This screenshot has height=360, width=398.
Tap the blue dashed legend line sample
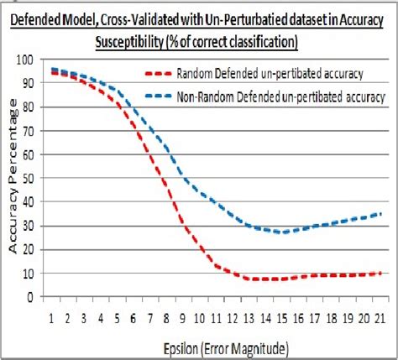coord(158,97)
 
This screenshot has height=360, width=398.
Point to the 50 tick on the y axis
coord(33,179)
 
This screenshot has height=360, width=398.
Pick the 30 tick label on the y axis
coord(33,226)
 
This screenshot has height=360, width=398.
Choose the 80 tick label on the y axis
coord(33,107)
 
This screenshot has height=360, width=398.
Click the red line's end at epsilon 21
coord(380,273)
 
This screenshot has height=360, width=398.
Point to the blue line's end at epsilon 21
coord(380,214)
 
